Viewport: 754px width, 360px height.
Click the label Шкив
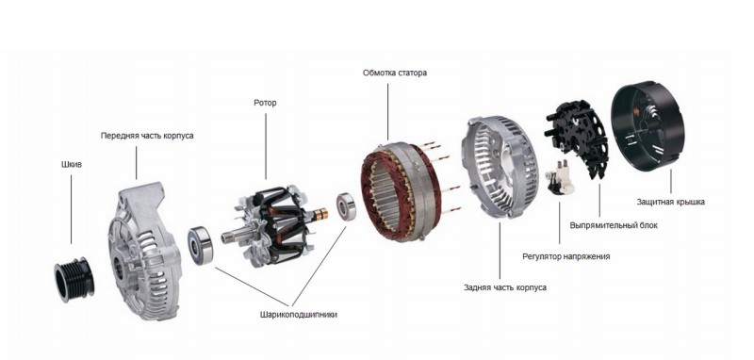click(x=72, y=164)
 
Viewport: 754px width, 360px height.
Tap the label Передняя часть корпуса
click(x=147, y=136)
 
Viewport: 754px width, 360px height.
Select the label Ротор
click(x=265, y=103)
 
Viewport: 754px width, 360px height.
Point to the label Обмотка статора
click(x=395, y=74)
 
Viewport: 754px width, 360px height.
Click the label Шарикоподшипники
click(x=299, y=315)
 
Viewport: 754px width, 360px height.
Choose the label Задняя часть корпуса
click(x=505, y=287)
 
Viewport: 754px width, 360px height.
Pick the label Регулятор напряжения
click(x=566, y=256)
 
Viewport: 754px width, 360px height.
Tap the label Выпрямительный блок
click(x=614, y=225)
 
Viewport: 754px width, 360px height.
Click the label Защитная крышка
click(x=671, y=202)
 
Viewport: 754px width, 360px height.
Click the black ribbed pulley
click(x=74, y=280)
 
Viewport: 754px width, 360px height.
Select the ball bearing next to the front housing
click(x=201, y=245)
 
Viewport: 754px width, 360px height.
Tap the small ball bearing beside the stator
click(x=346, y=206)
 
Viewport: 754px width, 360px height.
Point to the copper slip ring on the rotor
click(x=320, y=214)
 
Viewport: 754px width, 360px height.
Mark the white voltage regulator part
click(x=561, y=177)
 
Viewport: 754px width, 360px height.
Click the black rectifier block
click(x=577, y=137)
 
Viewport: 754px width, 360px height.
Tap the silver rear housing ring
click(x=500, y=166)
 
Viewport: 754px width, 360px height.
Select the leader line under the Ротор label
click(x=266, y=146)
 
